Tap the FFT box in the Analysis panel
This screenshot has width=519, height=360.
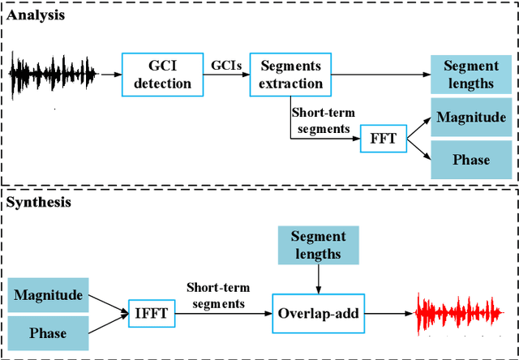click(x=383, y=139)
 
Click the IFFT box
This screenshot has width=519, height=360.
click(x=150, y=311)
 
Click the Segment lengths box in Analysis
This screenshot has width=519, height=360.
click(x=471, y=75)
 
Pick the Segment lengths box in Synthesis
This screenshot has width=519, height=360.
click(x=318, y=246)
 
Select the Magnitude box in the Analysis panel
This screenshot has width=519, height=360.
click(x=471, y=118)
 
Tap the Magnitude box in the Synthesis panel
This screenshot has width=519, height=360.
click(x=49, y=295)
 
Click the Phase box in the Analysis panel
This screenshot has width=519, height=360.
click(x=471, y=160)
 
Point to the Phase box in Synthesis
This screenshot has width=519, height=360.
click(x=49, y=333)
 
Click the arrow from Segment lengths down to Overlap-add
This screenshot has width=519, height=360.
click(x=318, y=281)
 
